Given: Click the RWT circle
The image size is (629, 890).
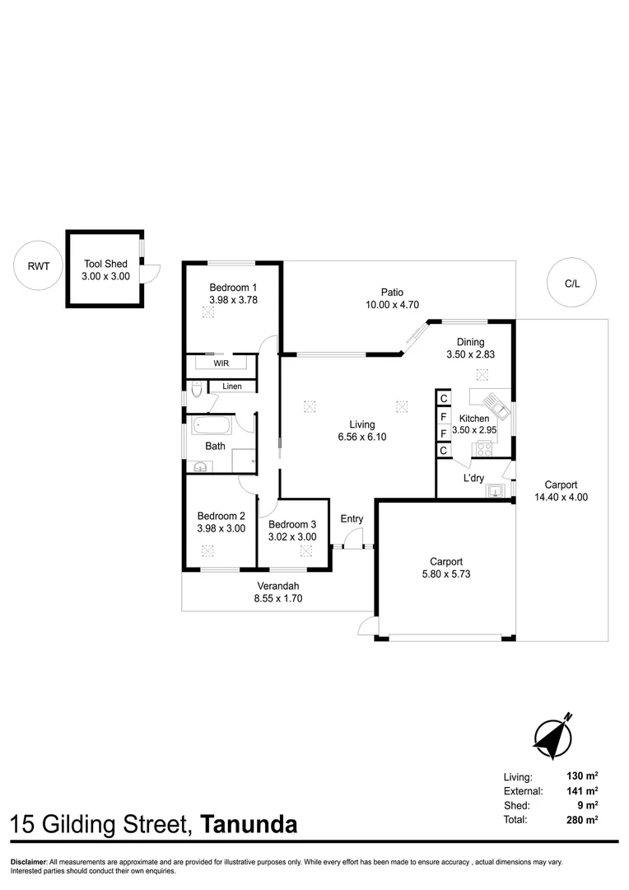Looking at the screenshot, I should (38, 265).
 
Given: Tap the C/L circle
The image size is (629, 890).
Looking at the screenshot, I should (571, 283).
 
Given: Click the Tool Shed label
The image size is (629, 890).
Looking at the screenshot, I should (105, 265).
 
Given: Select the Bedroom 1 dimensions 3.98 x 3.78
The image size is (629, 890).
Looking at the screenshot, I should (233, 301).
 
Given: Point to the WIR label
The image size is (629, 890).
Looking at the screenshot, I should (221, 363).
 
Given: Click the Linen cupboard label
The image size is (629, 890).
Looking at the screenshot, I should (231, 386).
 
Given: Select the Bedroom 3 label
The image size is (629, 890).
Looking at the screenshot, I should (292, 524).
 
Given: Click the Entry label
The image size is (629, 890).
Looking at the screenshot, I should (352, 519).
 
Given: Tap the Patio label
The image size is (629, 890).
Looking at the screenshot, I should (392, 292).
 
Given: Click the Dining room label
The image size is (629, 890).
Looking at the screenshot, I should (471, 342).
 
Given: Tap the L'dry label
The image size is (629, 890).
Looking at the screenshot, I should (473, 478).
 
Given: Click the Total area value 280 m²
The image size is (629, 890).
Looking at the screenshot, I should (580, 820).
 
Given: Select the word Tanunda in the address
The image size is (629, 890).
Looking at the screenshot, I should (249, 824).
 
